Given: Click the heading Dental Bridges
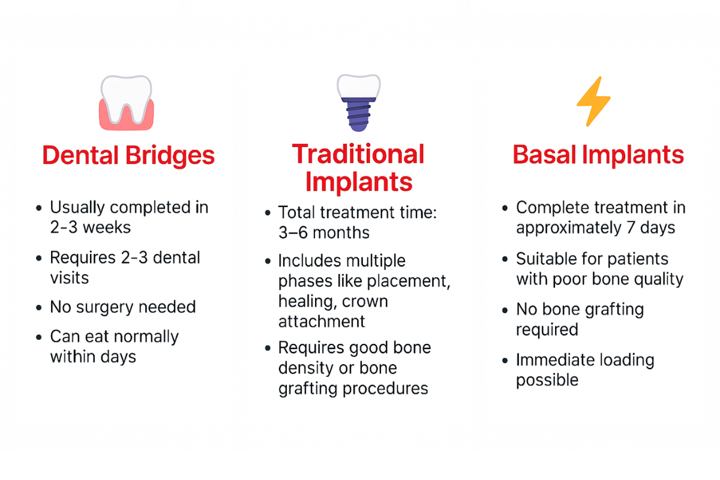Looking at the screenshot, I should click(x=128, y=156).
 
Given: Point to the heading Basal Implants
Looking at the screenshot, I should click(x=598, y=155).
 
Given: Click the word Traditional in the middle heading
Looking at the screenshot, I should click(x=358, y=154).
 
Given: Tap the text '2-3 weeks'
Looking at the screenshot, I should click(x=90, y=227).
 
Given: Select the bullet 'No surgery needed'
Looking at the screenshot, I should click(x=122, y=307).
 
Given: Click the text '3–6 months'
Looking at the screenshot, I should click(x=324, y=232).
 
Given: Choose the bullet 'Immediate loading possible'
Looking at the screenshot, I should click(x=584, y=370).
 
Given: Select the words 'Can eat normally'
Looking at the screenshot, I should click(x=114, y=337).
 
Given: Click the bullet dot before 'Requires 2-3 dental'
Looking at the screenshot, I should click(x=39, y=259).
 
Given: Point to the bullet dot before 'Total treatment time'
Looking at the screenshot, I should click(x=267, y=213).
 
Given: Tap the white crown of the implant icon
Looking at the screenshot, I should click(x=358, y=86).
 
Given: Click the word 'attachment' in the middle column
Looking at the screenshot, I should click(x=321, y=321).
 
